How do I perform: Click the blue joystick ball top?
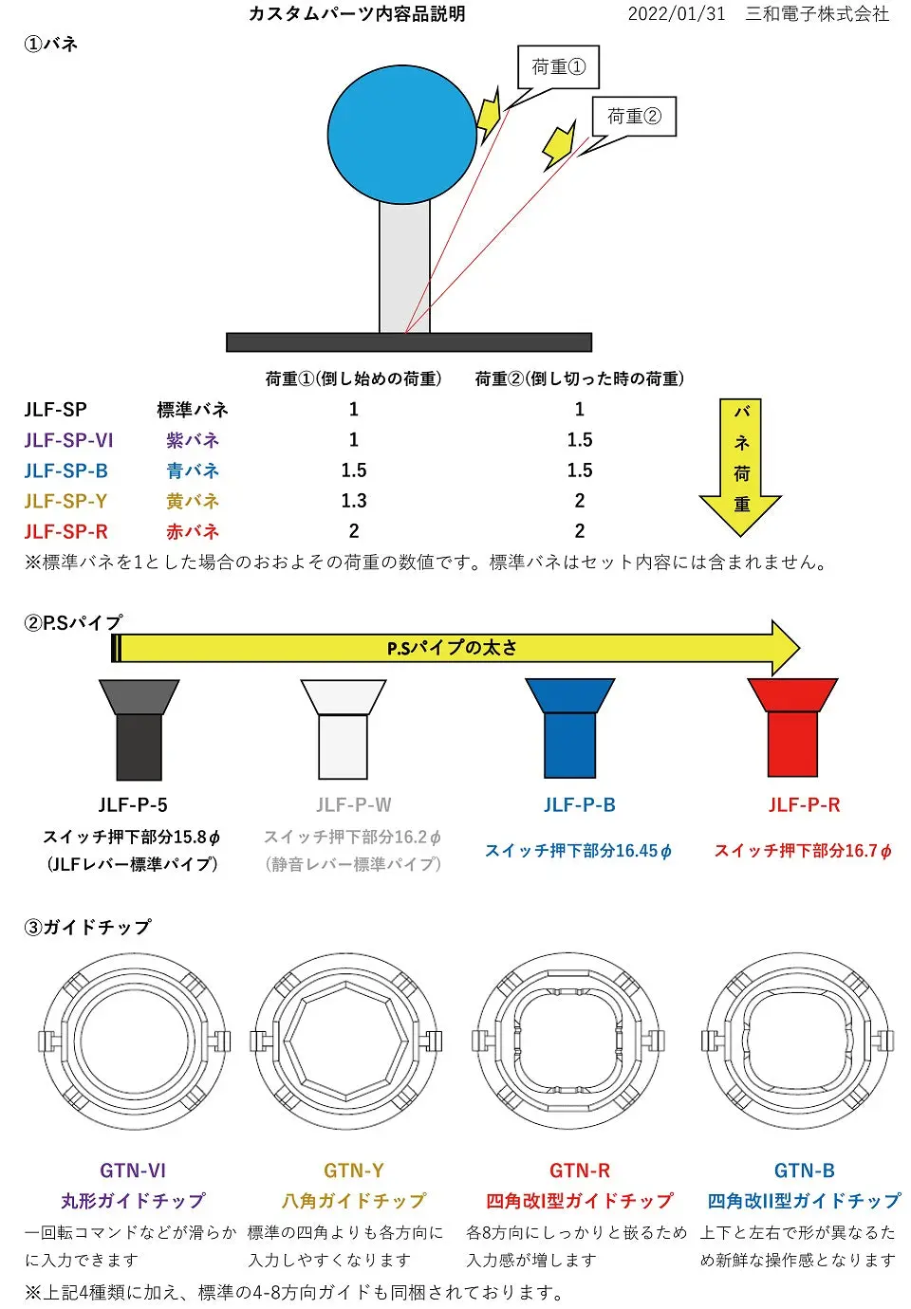click(402, 134)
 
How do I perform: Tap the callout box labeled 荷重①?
click(558, 66)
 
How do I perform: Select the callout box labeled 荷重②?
click(634, 117)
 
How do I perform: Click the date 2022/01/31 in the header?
click(677, 13)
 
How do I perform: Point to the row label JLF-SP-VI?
click(68, 439)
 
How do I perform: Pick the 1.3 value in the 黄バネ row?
click(354, 500)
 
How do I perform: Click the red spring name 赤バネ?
click(193, 531)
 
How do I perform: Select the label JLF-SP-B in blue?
click(66, 470)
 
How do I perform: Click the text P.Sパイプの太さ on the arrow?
click(452, 648)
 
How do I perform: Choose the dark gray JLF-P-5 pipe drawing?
click(139, 729)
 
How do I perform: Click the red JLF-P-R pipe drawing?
click(792, 728)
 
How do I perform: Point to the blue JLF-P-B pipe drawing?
click(569, 728)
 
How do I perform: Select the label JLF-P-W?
click(354, 804)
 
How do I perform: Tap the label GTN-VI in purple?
click(133, 1171)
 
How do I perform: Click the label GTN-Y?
click(354, 1171)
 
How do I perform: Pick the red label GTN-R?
click(580, 1171)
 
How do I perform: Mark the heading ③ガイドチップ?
click(87, 927)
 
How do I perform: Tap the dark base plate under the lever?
click(409, 341)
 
